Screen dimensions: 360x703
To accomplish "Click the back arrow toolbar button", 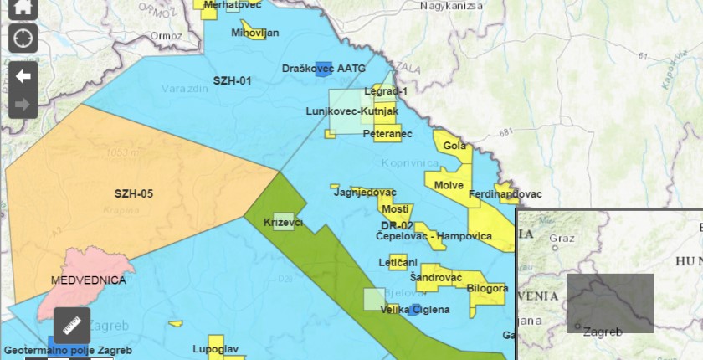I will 23,76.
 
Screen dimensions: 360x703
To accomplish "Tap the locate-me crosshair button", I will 23,39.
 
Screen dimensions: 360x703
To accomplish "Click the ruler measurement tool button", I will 72,326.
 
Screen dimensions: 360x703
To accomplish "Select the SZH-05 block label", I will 134,193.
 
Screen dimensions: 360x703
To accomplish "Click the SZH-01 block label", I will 233,81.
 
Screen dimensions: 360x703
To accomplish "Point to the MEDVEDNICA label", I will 89,280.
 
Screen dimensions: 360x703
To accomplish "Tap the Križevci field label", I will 283,222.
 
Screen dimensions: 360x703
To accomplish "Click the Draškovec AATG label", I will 325,68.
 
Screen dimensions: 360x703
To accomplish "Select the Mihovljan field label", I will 255,33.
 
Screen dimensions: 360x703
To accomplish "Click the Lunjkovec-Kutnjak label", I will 351,111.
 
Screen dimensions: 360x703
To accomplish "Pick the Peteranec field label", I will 393,133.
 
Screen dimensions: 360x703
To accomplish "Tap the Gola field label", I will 454,146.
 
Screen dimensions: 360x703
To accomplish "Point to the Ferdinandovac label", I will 505,194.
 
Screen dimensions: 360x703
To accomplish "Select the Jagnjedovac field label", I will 365,193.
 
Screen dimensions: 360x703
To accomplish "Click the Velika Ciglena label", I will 415,309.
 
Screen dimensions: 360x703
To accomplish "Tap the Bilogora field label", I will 488,288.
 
